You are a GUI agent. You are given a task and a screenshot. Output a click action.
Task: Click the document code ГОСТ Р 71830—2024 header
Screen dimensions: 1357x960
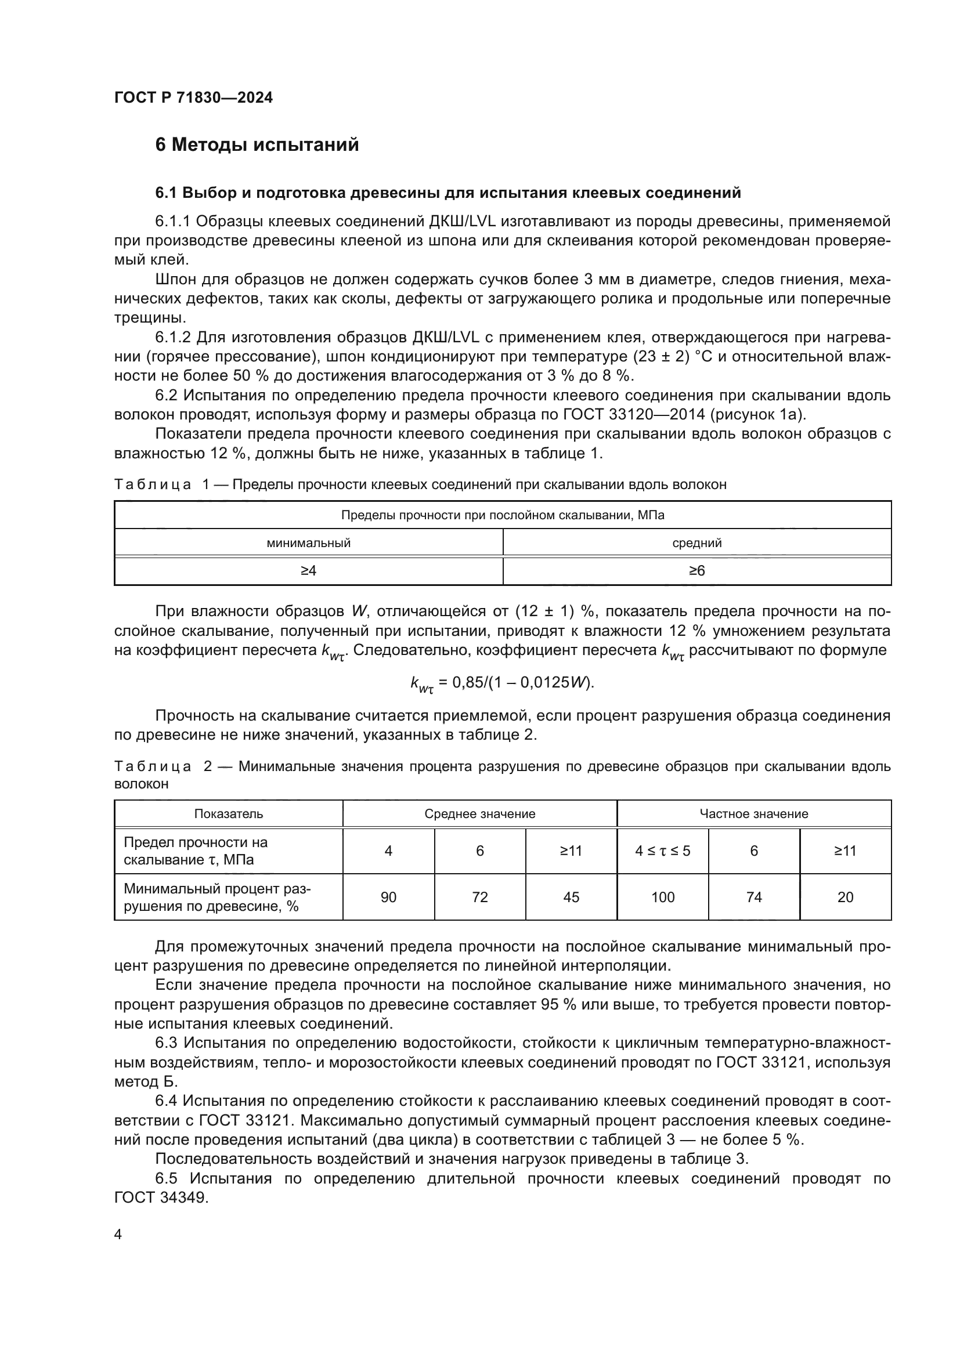193,98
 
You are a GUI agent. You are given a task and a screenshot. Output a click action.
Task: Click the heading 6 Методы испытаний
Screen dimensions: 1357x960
257,145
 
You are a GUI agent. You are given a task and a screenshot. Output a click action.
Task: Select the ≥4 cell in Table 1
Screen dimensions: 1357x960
308,571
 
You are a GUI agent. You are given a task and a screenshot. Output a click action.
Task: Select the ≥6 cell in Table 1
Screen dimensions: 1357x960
696,571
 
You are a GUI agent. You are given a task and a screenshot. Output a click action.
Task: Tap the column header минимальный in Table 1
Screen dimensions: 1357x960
308,542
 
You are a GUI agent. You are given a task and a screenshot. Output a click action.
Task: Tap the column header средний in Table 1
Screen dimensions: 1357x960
696,542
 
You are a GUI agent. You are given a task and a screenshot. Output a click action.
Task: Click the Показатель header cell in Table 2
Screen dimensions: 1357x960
228,814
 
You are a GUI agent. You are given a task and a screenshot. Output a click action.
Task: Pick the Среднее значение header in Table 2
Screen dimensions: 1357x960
479,814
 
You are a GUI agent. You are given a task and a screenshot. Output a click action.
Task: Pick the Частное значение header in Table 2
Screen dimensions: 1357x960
754,814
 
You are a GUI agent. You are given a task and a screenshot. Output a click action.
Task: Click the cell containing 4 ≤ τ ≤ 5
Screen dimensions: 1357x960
662,851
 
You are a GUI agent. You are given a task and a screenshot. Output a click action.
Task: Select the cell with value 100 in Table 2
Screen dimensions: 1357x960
662,897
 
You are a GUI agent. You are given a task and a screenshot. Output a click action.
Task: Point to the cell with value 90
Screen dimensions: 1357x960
388,897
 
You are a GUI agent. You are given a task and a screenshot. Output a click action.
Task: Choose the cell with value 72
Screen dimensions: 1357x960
479,897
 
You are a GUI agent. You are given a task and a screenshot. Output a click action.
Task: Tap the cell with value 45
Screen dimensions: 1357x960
571,897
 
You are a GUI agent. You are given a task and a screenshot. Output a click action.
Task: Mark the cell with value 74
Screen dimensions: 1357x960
754,897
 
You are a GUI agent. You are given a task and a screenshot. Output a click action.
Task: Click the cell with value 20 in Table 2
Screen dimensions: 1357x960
845,897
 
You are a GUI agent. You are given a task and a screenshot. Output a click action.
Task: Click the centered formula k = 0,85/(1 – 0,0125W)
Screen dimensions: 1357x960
502,683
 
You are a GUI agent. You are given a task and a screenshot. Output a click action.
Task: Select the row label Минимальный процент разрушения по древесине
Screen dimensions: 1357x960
217,897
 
